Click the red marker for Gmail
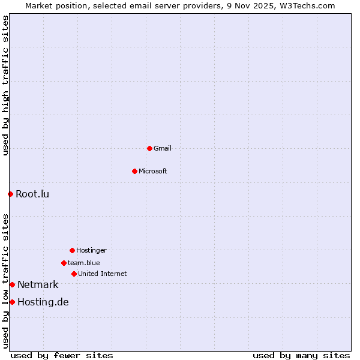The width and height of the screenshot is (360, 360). point(149,148)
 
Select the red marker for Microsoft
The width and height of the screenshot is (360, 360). point(134,171)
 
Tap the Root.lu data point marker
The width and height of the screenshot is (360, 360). point(10,194)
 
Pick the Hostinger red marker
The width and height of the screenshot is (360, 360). point(72,250)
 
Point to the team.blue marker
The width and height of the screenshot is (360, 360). point(64,263)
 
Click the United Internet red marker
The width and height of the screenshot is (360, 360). point(74,274)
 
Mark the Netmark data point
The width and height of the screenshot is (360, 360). point(12,284)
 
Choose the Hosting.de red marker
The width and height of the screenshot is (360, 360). point(12,302)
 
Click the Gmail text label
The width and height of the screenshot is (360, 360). point(163,148)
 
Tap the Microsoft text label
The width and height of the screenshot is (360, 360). point(153,171)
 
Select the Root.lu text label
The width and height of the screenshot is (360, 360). point(32,194)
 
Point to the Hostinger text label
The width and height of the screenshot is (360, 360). point(91,250)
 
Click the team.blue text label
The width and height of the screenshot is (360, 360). point(84,263)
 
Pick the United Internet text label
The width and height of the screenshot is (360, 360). point(103,274)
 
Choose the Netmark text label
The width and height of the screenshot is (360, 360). point(38,284)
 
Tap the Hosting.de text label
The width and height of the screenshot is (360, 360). point(43,302)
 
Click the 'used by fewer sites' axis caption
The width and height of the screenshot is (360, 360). point(62,355)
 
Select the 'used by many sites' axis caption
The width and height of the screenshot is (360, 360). point(301,355)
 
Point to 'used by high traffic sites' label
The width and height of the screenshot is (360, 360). point(5,85)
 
